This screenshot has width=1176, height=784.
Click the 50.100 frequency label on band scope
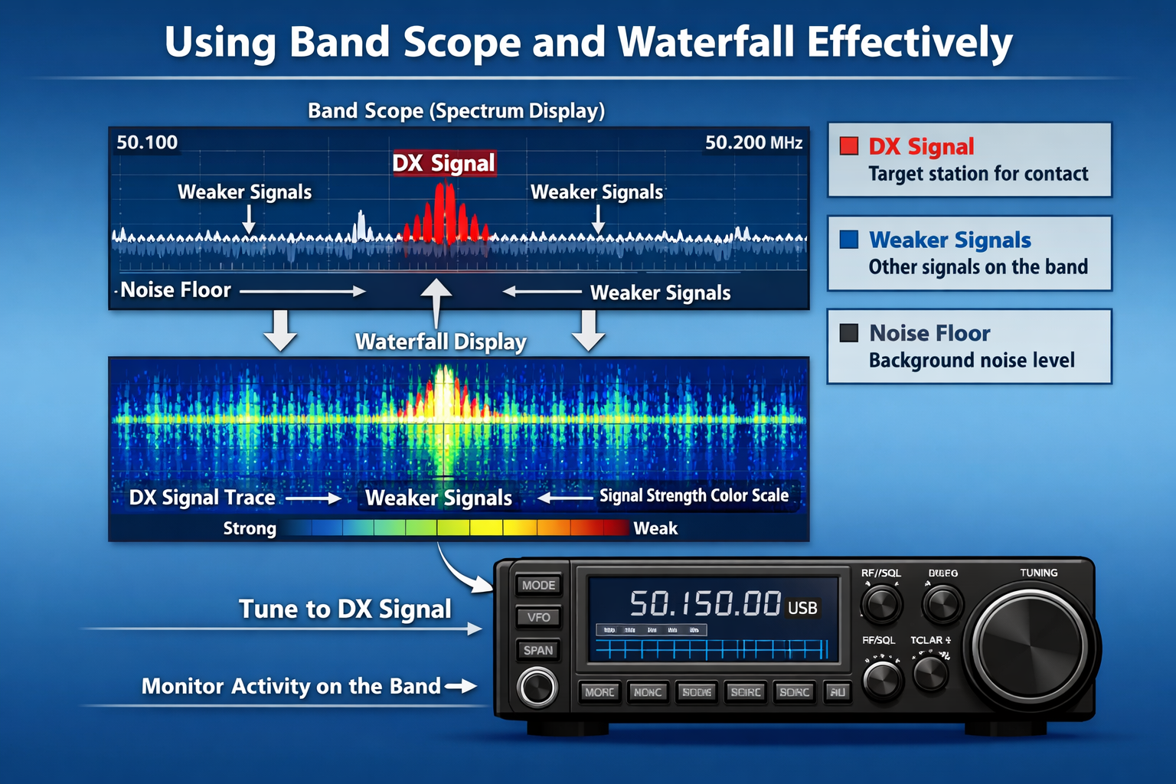[x=147, y=142]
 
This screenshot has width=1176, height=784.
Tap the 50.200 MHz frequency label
[x=753, y=142]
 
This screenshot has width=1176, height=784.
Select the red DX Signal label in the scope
[x=444, y=163]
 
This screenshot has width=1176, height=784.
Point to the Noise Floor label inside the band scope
[x=175, y=290]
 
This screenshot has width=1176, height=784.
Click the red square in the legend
[x=849, y=146]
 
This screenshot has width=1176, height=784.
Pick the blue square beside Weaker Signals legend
[x=849, y=240]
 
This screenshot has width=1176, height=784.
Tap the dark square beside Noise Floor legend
[x=849, y=333]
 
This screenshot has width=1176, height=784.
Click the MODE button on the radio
[x=538, y=585]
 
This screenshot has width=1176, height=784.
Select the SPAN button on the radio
[x=538, y=650]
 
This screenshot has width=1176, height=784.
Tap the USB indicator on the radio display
[x=802, y=608]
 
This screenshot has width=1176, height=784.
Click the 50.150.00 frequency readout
[x=705, y=604]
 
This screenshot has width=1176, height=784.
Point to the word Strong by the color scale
[x=250, y=528]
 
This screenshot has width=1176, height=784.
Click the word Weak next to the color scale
[x=655, y=528]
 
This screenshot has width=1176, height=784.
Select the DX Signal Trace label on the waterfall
[x=202, y=498]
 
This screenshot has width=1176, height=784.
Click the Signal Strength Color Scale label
[x=694, y=496]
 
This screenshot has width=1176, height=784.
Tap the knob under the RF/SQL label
[x=881, y=604]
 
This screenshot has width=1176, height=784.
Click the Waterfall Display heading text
[x=441, y=341]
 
